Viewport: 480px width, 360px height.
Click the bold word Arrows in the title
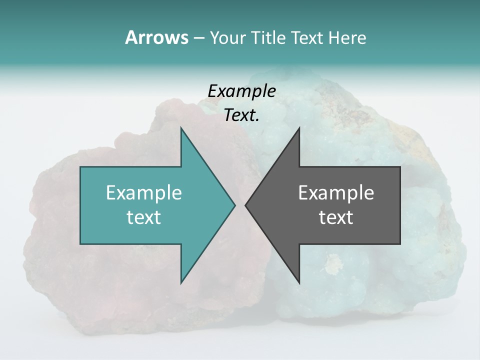click(156, 37)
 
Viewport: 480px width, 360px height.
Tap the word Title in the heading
click(267, 38)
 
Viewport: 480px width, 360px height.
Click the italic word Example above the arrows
click(241, 91)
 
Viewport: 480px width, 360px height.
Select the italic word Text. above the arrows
click(241, 115)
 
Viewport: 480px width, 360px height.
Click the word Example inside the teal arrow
click(144, 192)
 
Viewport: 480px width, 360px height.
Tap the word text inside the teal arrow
click(144, 217)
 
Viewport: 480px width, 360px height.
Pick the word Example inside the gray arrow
click(336, 192)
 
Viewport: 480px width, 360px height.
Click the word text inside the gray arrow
click(336, 217)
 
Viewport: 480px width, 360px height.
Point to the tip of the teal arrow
click(234, 205)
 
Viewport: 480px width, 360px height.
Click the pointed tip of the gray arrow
click(246, 205)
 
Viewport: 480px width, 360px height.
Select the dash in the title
click(198, 38)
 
